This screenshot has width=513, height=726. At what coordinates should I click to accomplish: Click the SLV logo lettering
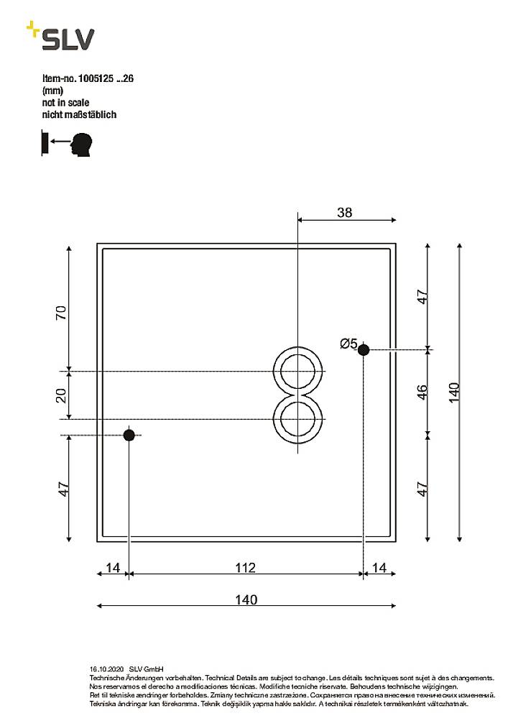tap(67, 40)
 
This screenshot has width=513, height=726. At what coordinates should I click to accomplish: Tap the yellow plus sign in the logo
tap(32, 29)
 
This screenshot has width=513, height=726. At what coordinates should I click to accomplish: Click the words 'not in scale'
tap(65, 103)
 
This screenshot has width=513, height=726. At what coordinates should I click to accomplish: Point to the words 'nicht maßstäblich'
tap(79, 114)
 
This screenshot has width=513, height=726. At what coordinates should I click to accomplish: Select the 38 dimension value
tap(344, 212)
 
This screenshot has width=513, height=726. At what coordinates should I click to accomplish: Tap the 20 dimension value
tap(62, 395)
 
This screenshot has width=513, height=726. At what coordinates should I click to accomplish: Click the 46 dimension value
tap(422, 392)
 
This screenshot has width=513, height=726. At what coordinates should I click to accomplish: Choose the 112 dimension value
tap(245, 568)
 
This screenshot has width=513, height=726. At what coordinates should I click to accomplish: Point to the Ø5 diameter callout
tap(348, 344)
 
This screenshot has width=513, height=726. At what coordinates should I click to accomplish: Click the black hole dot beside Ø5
tap(364, 350)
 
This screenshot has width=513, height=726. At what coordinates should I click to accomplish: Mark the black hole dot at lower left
tap(129, 435)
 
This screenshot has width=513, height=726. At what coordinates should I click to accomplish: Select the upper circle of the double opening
tap(296, 372)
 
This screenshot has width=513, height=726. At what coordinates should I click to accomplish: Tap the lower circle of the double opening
tap(296, 418)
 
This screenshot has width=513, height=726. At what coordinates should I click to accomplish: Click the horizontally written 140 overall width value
tap(246, 599)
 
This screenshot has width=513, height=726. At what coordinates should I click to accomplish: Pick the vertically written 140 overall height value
tap(453, 392)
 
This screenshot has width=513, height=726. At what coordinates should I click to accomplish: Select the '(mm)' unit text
tap(53, 91)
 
